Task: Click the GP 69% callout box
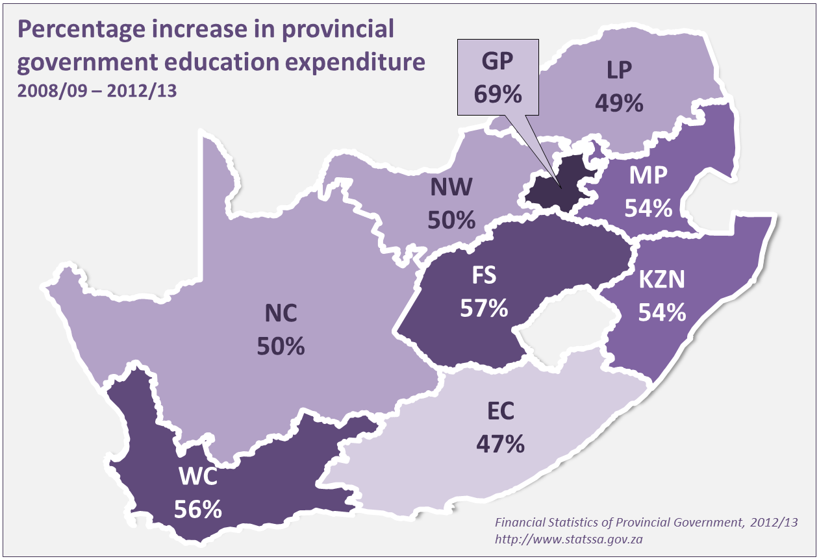coord(498,78)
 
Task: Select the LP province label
coord(620,70)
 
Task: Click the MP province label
coord(648,177)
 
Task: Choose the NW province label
coord(452,188)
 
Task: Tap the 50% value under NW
coord(452,220)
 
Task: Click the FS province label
coord(484,276)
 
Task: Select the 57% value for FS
coord(484,308)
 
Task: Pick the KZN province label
coord(662,280)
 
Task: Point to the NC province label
coord(281,314)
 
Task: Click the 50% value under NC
coord(281,346)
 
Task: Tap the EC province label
coord(500,411)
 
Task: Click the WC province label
coord(198,478)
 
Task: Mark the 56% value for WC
coord(198,510)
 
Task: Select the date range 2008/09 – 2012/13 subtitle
coord(97,90)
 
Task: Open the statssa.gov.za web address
coord(569,538)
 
